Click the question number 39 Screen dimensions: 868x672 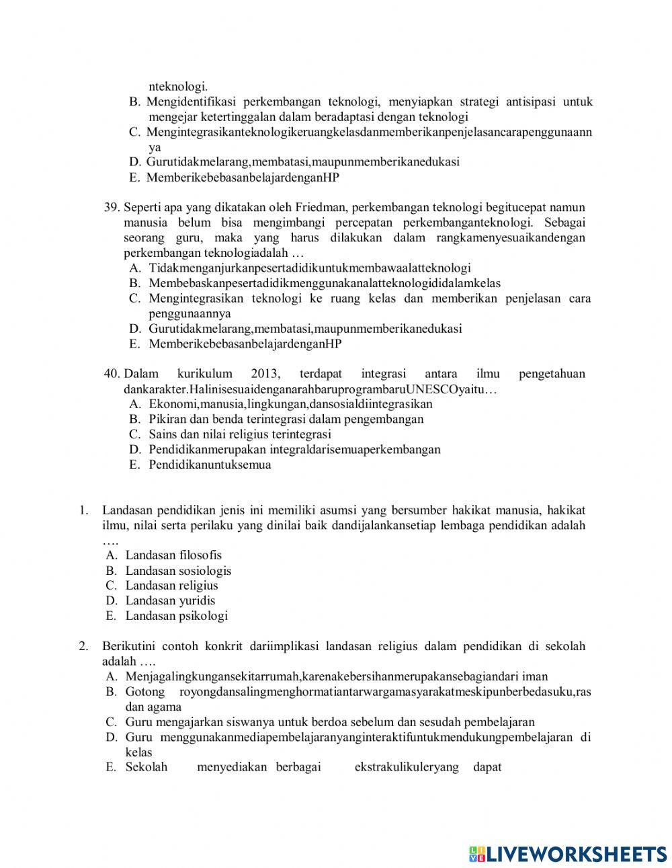(112, 207)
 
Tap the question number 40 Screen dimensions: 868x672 (112, 374)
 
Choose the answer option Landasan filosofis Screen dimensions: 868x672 (173, 555)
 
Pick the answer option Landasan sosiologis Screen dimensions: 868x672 (178, 571)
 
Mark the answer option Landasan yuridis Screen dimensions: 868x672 (170, 600)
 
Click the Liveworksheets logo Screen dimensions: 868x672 (567, 853)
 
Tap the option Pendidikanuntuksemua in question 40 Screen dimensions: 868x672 (210, 465)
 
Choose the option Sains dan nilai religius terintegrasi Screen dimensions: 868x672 (240, 434)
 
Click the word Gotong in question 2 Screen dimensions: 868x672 (145, 692)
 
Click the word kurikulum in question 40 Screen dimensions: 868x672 (205, 374)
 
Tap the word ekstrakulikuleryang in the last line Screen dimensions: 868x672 (406, 767)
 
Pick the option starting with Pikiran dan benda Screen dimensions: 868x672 (286, 419)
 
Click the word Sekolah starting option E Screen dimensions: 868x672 (146, 767)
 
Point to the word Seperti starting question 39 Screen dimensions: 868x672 (142, 207)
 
